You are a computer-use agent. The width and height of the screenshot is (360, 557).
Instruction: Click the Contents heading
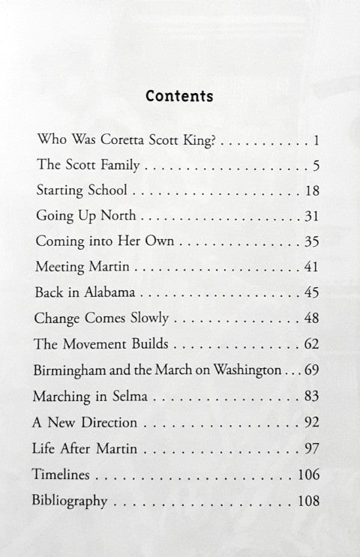point(179,96)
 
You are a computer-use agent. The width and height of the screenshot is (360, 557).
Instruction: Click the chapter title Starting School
point(81,190)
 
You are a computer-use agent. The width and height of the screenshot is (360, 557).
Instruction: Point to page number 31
point(313,216)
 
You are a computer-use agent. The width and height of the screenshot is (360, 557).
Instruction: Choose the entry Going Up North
point(85,216)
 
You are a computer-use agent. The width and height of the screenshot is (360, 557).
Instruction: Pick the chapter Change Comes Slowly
point(97,319)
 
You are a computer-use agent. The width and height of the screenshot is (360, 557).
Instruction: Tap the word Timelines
point(61,475)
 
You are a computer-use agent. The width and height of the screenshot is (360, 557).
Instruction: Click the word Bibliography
point(70,501)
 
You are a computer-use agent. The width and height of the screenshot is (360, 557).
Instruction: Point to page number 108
point(308,501)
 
